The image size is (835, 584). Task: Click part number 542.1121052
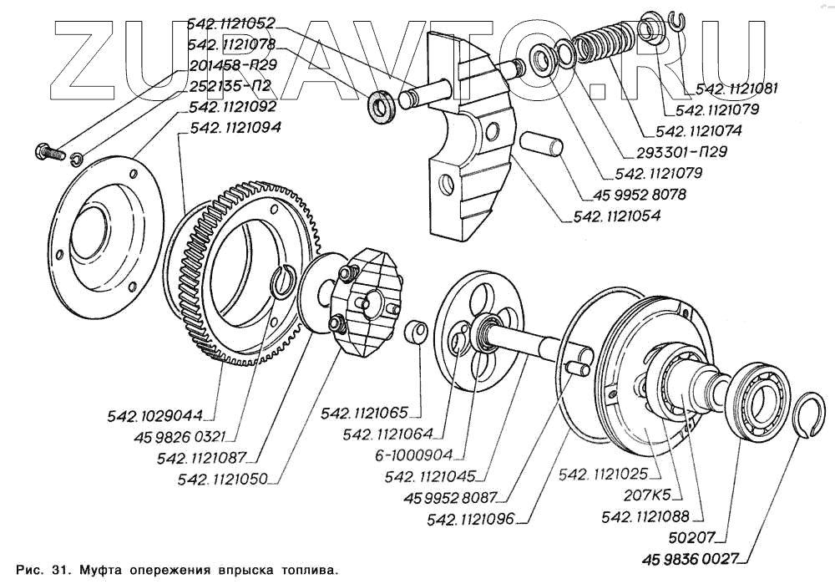(x=231, y=24)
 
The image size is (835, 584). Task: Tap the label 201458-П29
(x=233, y=65)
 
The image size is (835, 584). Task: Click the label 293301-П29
(x=681, y=151)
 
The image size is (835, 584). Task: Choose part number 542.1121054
(x=617, y=216)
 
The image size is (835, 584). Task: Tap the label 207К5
(x=646, y=495)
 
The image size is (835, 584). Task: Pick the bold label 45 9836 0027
(x=691, y=560)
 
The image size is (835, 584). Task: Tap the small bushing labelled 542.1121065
(x=416, y=333)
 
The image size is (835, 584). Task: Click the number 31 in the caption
(x=61, y=570)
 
